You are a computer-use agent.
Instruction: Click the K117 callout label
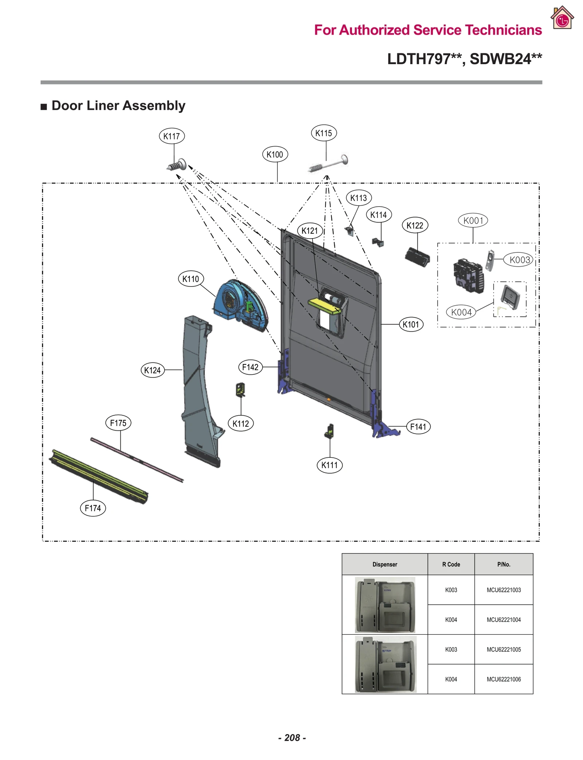pos(172,136)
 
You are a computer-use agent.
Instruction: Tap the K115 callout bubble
pos(324,133)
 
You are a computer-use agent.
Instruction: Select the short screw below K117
pos(177,166)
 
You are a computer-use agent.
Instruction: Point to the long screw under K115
pos(328,164)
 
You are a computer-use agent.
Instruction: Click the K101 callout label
pos(411,324)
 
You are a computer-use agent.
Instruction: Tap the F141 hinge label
pos(418,427)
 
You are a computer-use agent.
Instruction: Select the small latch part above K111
pos(329,431)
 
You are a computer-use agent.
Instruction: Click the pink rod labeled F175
pos(137,460)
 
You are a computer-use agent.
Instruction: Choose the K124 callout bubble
pos(152,370)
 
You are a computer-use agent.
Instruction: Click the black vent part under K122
pos(418,257)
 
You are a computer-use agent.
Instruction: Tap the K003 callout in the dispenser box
pos(519,260)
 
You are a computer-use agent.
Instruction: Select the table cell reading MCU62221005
pos(504,650)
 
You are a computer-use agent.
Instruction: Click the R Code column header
pos(451,564)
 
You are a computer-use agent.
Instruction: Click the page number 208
pos(292,738)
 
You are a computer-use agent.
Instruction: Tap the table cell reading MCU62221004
pos(504,620)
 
